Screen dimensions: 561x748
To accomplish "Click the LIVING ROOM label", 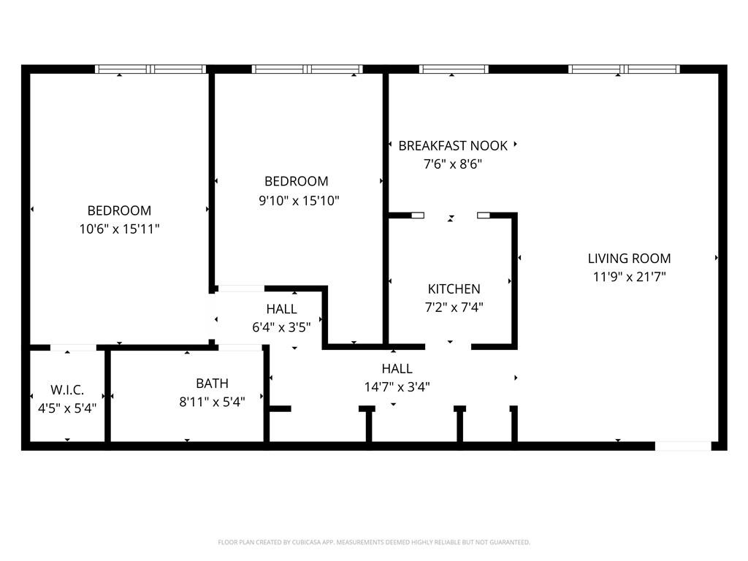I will coord(629,258).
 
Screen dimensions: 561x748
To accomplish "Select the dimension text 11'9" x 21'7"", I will coord(629,277).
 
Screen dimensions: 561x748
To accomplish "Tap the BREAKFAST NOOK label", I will coord(453,145).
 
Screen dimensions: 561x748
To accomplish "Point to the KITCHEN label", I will coord(454,289).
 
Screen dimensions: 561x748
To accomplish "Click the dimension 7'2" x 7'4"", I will coord(454,308).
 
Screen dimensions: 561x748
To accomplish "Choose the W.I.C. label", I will coord(66,390).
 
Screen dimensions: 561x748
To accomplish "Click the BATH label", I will coord(212,383).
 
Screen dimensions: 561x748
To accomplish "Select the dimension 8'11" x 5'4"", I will coord(212,401).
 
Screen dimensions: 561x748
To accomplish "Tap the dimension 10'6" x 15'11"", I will coord(119,229).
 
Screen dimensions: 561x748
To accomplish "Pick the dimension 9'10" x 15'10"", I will coord(299,200).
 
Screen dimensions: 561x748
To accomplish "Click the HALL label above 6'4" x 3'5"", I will coord(281,309).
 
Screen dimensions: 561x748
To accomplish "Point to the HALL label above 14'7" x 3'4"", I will coord(397,368).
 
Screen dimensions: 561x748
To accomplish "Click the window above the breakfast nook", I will coord(454,69).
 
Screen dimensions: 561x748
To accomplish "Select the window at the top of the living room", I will coord(624,69).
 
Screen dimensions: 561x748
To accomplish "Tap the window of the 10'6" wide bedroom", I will coord(150,69).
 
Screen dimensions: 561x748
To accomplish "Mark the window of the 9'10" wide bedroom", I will coord(307,69).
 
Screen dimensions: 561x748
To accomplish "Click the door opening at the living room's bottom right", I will coord(683,446).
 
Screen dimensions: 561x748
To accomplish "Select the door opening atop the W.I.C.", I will coord(73,347).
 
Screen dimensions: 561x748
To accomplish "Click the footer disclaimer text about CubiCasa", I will coord(374,542).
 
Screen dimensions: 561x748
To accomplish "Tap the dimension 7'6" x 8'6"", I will coord(453,164).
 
